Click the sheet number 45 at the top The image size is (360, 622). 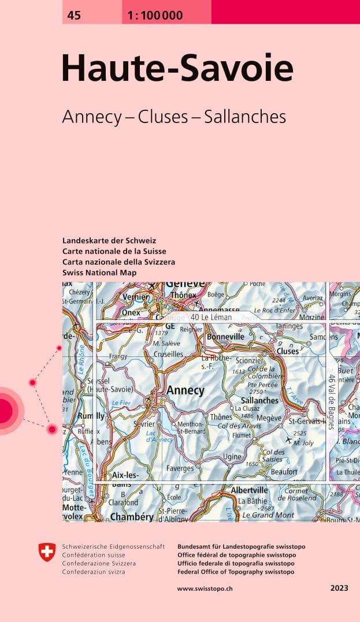74,16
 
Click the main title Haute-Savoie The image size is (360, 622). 177,69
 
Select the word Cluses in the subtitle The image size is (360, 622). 165,117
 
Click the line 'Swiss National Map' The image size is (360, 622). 99,273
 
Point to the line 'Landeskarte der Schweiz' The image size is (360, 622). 109,240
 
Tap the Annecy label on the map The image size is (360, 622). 185,390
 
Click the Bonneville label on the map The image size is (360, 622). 225,336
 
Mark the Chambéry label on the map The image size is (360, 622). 133,517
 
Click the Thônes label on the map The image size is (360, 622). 221,417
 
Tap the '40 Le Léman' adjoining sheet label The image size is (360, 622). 211,317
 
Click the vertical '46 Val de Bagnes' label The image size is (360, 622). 331,401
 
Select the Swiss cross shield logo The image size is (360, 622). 47,552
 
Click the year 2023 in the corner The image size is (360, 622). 339,589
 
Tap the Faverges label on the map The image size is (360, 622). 180,468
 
